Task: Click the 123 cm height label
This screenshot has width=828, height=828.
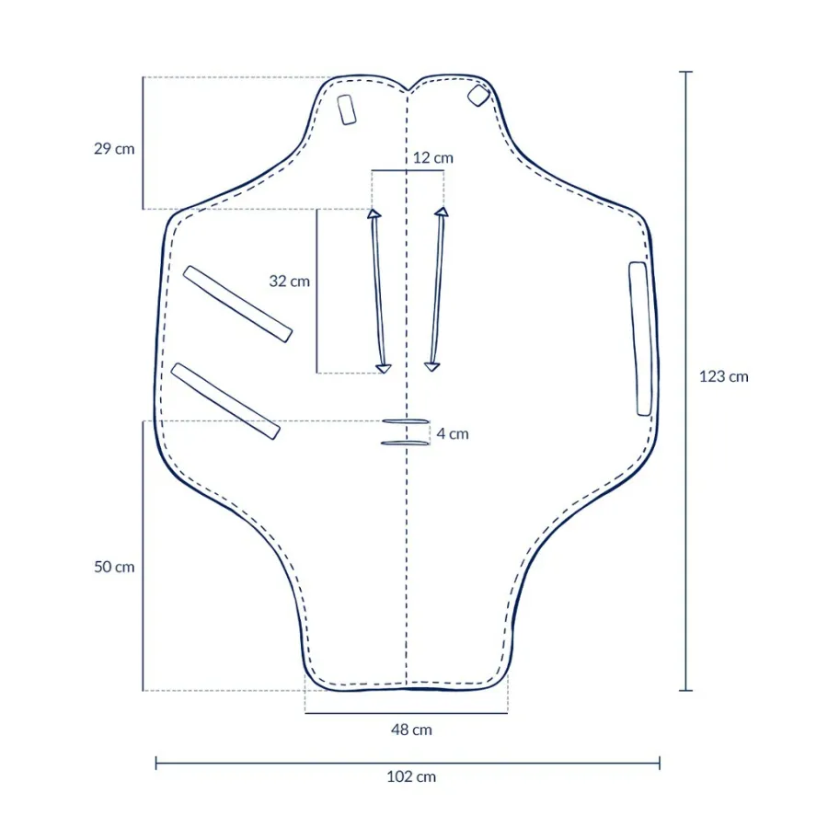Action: pyautogui.click(x=724, y=376)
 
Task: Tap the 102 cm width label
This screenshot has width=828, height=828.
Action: pyautogui.click(x=411, y=776)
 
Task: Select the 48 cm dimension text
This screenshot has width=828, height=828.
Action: pyautogui.click(x=411, y=730)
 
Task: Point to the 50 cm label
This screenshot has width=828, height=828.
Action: pyautogui.click(x=114, y=567)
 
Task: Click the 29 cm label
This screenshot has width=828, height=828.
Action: pyautogui.click(x=114, y=148)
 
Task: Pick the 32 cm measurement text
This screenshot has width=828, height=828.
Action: pyautogui.click(x=290, y=282)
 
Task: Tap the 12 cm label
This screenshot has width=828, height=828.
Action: pyautogui.click(x=432, y=158)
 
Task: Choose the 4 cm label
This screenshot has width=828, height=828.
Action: pyautogui.click(x=452, y=433)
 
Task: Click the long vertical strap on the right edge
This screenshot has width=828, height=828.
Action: pyautogui.click(x=640, y=338)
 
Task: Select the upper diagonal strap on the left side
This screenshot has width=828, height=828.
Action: pyautogui.click(x=238, y=304)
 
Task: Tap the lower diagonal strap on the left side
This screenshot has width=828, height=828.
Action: pyautogui.click(x=225, y=400)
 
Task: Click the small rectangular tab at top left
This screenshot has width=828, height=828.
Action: pyautogui.click(x=347, y=109)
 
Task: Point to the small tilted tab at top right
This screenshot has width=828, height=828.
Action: pyautogui.click(x=477, y=96)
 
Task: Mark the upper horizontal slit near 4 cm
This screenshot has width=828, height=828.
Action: pyautogui.click(x=406, y=422)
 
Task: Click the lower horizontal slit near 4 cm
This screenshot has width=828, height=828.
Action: pyautogui.click(x=406, y=443)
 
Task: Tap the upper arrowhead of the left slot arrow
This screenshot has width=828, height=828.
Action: pyautogui.click(x=374, y=214)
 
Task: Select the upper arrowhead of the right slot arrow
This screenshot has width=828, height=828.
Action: pyautogui.click(x=442, y=213)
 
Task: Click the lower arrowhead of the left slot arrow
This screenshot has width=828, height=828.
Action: pyautogui.click(x=384, y=368)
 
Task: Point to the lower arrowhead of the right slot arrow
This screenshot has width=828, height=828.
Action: pyautogui.click(x=431, y=366)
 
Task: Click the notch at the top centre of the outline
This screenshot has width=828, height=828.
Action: pyautogui.click(x=408, y=89)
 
